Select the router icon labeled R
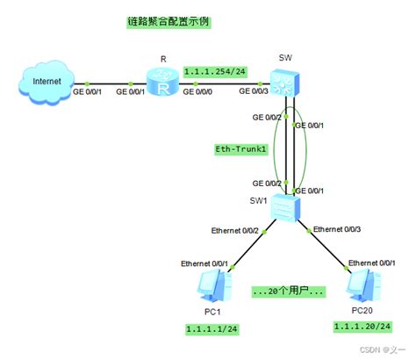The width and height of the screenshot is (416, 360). [x=162, y=84]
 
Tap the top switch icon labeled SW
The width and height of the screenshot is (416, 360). [x=285, y=83]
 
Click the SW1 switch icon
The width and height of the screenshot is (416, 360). [x=285, y=208]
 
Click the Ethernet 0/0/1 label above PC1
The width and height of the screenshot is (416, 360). [x=204, y=263]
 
